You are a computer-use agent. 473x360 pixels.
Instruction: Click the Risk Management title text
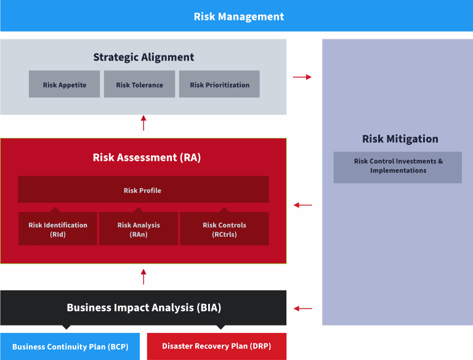pos(238,17)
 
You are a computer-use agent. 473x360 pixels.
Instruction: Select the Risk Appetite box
pos(64,84)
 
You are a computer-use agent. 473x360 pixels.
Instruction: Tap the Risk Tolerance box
pos(139,84)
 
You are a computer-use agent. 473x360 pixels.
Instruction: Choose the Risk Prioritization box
pos(219,84)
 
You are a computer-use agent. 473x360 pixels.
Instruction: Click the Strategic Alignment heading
pos(144,57)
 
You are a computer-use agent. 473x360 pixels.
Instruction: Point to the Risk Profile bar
pos(144,189)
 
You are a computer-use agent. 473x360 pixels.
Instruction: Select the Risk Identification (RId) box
pos(58,228)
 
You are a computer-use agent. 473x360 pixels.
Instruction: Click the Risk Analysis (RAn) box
pos(139,228)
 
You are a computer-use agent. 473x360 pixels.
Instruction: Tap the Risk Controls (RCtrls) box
pos(224,228)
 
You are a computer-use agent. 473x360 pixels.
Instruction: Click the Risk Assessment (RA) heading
pos(147,157)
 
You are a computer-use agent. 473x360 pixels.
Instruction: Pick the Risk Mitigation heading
pos(400,139)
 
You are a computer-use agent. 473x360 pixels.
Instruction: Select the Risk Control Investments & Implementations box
pos(398,167)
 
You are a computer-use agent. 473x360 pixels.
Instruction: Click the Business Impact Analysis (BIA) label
pos(144,308)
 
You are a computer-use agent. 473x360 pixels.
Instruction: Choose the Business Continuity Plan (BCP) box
pos(70,346)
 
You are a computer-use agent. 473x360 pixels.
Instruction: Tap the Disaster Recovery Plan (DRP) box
pos(217,346)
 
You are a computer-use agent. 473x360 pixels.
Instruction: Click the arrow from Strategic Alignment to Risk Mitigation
pos(302,77)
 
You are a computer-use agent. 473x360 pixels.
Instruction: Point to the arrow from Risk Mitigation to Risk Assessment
pos(303,205)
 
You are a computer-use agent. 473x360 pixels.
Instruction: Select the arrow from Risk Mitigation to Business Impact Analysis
pos(303,308)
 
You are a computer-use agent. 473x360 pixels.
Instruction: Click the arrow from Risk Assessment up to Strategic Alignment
pos(144,123)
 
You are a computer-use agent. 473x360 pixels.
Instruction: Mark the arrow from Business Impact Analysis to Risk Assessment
pos(144,277)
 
